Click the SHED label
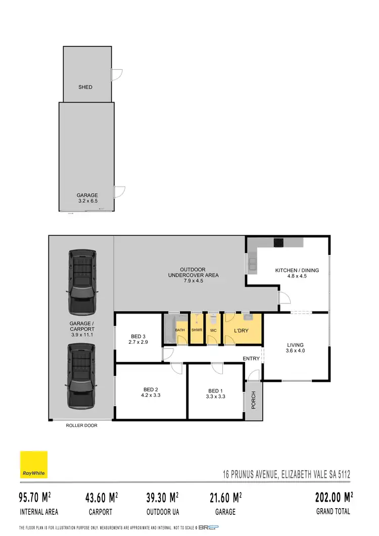(85, 87)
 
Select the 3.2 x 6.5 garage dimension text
(87, 201)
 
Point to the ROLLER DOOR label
(81, 426)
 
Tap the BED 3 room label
(138, 336)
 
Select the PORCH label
(254, 400)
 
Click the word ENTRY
(251, 359)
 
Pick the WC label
(213, 330)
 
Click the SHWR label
(197, 330)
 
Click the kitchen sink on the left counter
(251, 262)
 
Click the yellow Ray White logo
(33, 465)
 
